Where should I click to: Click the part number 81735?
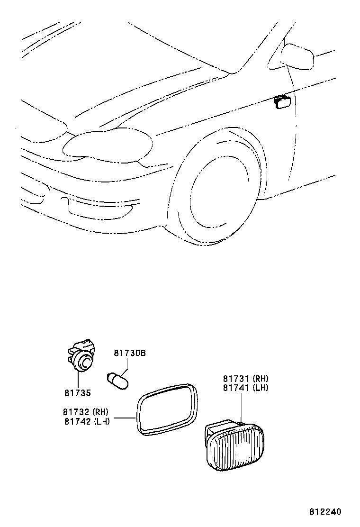point(78,392)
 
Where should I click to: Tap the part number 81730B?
point(130,353)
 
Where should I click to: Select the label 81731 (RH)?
point(246,379)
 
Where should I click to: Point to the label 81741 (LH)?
point(246,388)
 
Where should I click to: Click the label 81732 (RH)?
point(86,412)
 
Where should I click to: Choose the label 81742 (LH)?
point(87,421)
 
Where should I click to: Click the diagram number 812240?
point(325,512)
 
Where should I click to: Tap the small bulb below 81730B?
point(117,381)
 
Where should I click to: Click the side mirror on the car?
point(297,56)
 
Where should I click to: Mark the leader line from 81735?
point(78,380)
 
